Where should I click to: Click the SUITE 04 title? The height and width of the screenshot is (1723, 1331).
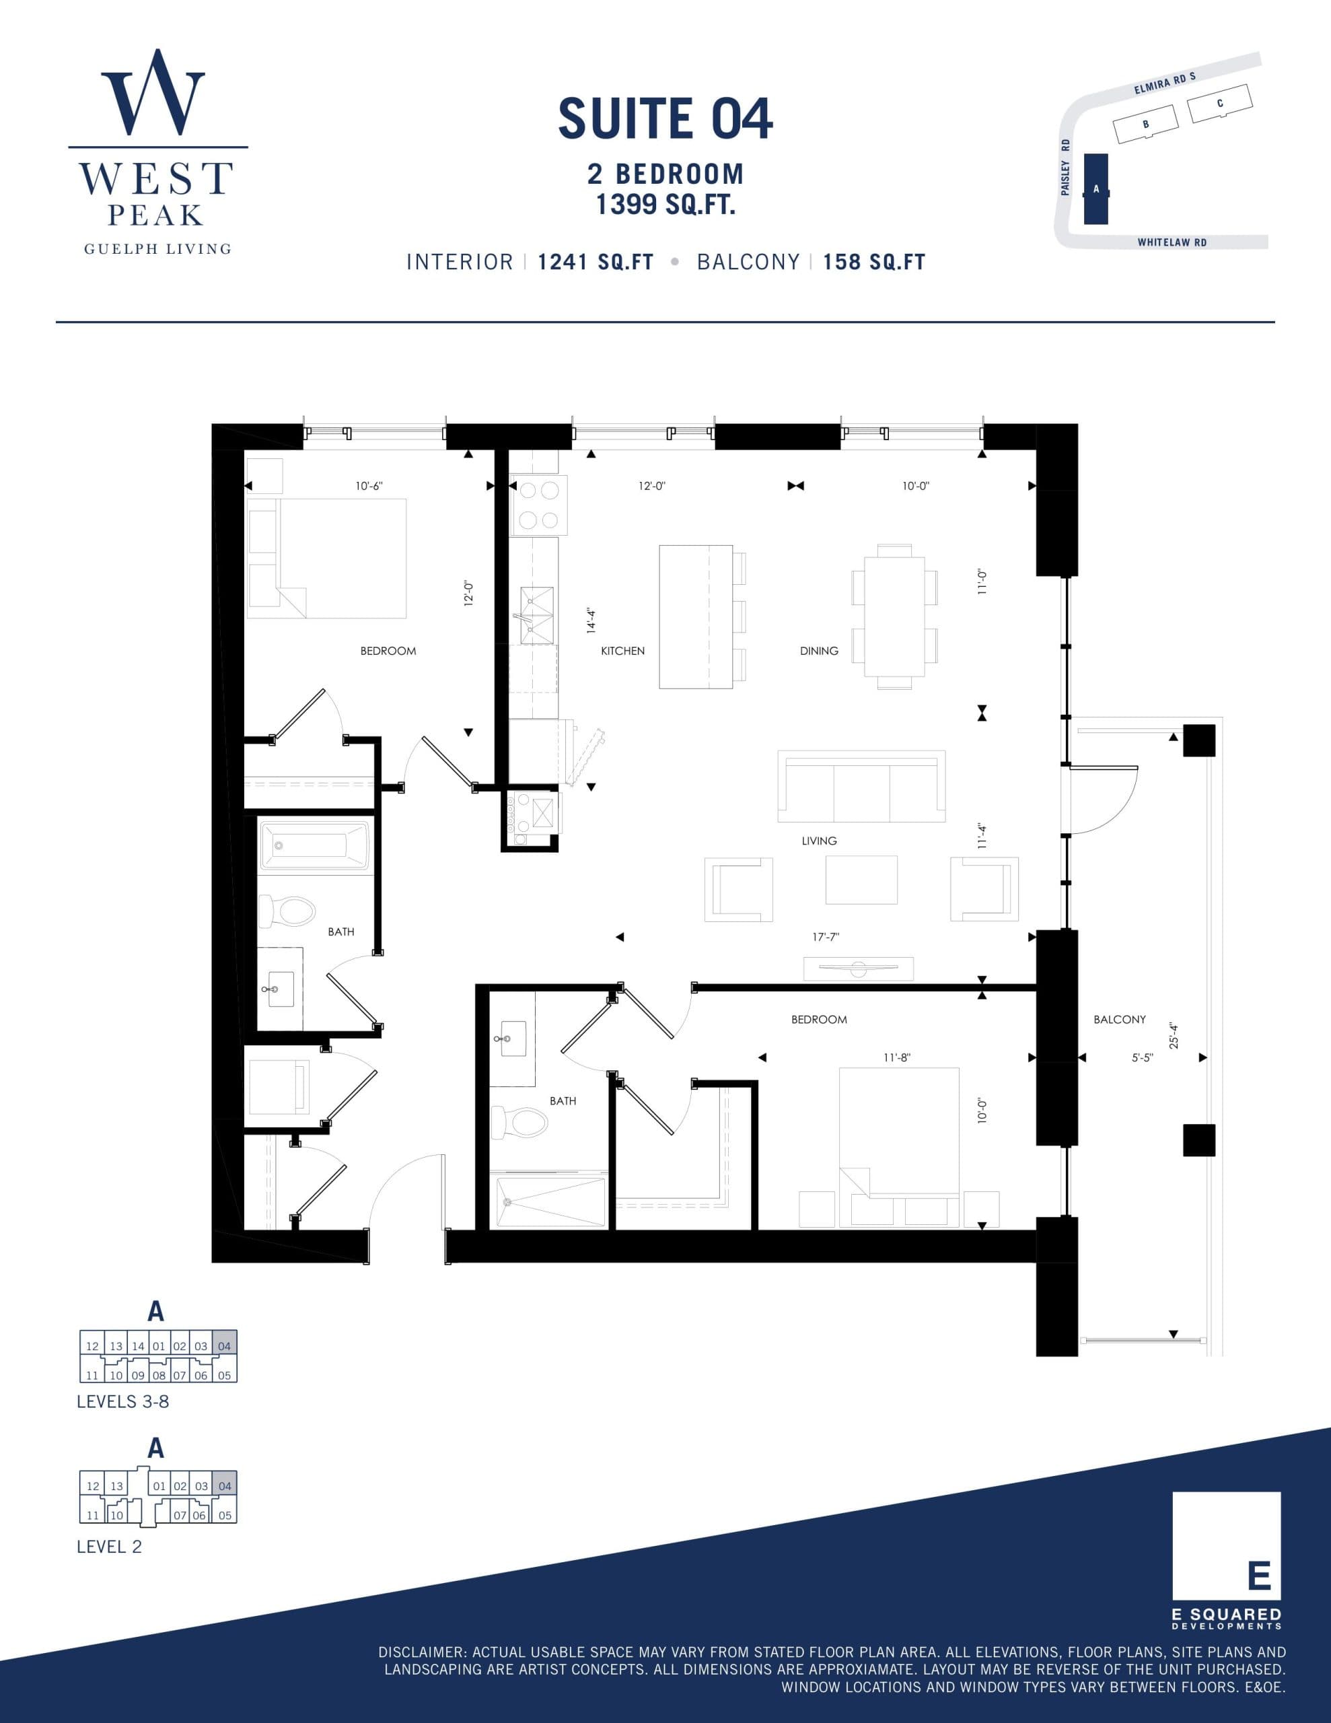(665, 119)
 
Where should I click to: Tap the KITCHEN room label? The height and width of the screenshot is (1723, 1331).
(622, 651)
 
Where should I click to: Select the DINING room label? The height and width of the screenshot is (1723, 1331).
(819, 651)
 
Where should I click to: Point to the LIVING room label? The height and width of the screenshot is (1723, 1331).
(819, 841)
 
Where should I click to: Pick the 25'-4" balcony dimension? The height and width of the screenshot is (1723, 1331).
(1174, 1035)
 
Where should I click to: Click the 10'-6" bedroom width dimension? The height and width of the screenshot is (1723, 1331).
(369, 486)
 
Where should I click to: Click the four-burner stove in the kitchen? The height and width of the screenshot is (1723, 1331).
(539, 505)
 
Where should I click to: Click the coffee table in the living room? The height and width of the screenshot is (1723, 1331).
(861, 880)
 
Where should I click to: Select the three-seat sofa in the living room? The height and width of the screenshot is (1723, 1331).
(861, 787)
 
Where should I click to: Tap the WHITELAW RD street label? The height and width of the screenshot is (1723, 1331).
(1172, 243)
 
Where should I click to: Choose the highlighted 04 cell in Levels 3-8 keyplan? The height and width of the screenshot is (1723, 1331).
(225, 1346)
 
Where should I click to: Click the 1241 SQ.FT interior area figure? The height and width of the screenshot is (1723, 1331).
(596, 262)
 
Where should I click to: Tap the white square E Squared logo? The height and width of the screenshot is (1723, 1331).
(1226, 1545)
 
